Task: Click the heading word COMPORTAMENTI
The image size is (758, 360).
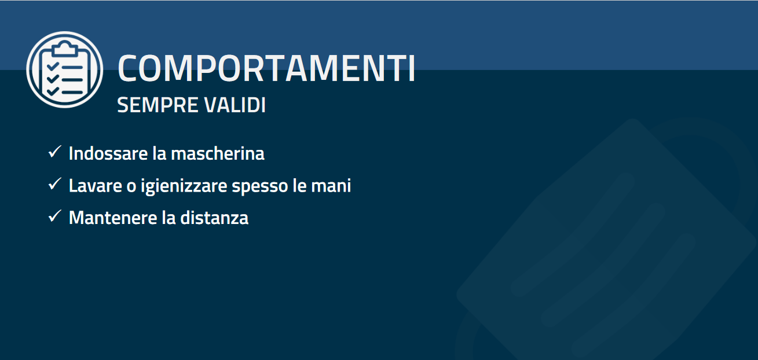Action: pos(266,68)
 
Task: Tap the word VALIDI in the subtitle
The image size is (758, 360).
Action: pos(235,105)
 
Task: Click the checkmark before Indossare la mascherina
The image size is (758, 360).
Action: pos(55,151)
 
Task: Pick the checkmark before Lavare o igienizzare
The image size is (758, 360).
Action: pos(55,183)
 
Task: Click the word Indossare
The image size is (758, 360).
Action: pos(108,153)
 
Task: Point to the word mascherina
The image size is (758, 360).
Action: pos(218,153)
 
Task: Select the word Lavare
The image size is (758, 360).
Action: pos(96,185)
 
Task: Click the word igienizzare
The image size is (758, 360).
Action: pos(184,186)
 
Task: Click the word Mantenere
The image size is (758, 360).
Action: pos(113,218)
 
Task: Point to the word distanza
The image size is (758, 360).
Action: pos(214,218)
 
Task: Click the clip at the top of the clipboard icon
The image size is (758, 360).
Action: pos(64,48)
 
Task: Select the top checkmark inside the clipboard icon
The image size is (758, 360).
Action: pos(53,67)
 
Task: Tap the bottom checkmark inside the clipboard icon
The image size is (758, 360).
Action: pos(53,91)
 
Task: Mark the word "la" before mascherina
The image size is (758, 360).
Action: pos(159,153)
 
